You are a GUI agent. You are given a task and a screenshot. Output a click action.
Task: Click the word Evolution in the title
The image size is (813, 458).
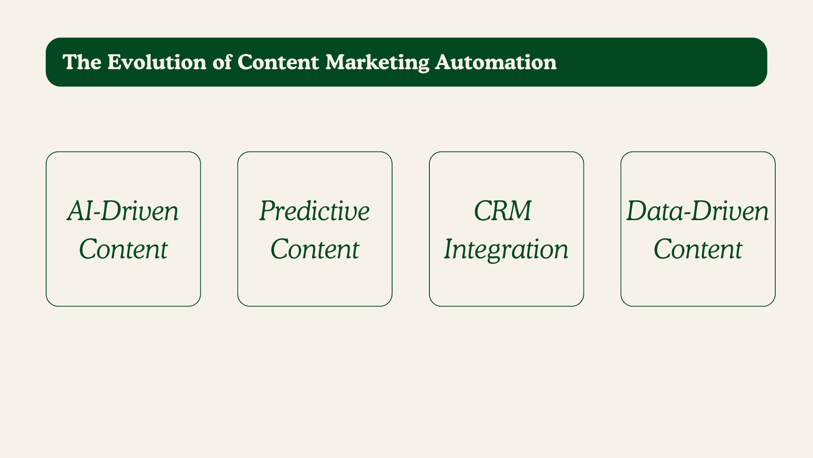tap(157, 62)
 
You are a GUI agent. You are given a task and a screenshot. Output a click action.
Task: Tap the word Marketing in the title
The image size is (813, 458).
tap(377, 62)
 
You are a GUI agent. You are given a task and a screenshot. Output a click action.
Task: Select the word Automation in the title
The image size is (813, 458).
tap(496, 62)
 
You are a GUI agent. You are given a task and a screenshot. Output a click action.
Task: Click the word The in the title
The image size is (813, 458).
tap(82, 62)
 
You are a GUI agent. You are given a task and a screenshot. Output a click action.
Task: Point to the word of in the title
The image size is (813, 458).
tap(222, 62)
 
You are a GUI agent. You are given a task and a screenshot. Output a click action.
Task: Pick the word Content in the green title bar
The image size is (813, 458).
tap(278, 62)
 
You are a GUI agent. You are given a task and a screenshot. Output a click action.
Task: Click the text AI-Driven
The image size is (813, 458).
tap(123, 211)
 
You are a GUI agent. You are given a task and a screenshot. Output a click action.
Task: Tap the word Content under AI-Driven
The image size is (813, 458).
tap(123, 249)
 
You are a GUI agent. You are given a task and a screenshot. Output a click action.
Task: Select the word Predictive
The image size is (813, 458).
tap(315, 211)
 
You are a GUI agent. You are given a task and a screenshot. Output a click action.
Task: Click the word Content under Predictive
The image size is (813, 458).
tap(315, 249)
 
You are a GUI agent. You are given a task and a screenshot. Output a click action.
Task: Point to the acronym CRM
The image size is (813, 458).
tap(503, 211)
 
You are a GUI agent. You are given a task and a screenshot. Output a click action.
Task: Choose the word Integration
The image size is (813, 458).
tap(506, 250)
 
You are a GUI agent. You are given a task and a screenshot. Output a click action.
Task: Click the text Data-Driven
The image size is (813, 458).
tap(697, 211)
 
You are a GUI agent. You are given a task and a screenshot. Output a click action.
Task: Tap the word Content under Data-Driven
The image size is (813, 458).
tap(698, 249)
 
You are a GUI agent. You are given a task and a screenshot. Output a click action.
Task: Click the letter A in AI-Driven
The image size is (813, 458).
tap(77, 211)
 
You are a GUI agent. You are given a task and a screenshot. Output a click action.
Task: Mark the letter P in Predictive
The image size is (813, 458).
tap(268, 211)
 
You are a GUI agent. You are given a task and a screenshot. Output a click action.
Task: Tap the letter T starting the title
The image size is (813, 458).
tap(70, 62)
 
